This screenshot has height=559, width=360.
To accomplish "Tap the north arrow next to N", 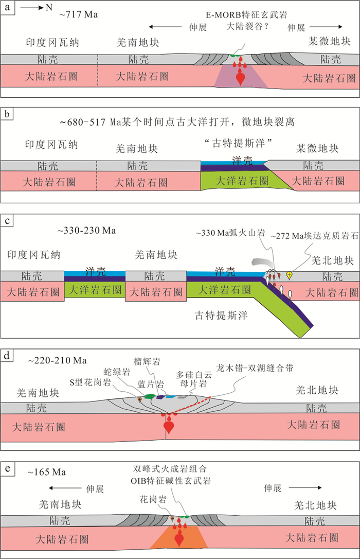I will click(x=30, y=8).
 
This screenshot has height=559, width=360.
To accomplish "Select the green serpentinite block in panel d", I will click(x=150, y=396).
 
